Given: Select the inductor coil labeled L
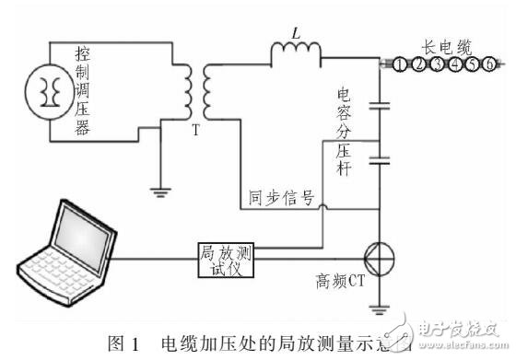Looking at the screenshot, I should pyautogui.click(x=294, y=55).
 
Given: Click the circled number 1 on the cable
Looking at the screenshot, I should pyautogui.click(x=400, y=64).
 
